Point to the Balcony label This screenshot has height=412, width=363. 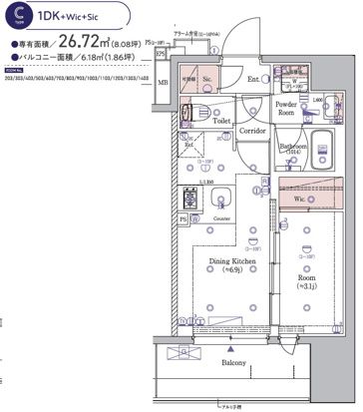coord(235,364)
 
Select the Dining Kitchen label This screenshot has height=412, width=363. coord(231,264)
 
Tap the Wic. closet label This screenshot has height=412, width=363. coord(301,200)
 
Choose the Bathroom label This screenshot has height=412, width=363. coord(293,145)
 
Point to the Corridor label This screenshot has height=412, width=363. coord(251,130)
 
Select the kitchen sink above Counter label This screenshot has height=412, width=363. coord(222,198)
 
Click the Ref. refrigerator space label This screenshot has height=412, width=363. coord(188,144)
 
